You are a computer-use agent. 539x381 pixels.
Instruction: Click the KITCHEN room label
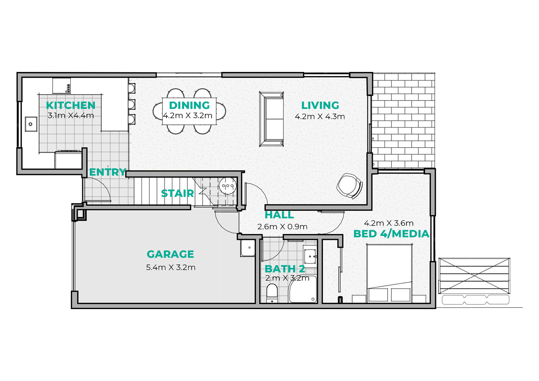71,106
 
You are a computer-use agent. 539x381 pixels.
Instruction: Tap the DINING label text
189,106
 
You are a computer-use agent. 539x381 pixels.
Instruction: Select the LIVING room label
320,106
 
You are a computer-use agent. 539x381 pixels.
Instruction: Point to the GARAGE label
170,254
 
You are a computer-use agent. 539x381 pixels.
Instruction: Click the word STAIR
177,193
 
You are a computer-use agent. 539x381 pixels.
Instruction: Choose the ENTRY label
108,172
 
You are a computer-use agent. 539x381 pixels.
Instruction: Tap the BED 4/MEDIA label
391,234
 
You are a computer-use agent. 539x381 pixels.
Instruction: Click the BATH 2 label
285,269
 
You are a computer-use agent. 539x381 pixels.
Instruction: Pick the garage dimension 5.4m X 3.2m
171,267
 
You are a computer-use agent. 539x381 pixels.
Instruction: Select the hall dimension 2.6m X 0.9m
282,227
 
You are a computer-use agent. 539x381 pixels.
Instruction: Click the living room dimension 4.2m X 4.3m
320,117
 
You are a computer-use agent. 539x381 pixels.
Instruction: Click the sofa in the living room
272,119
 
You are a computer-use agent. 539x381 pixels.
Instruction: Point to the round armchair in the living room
350,186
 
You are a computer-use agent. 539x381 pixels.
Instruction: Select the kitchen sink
31,124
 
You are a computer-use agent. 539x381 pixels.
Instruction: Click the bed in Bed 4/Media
389,273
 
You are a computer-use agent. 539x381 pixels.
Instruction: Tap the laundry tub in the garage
247,248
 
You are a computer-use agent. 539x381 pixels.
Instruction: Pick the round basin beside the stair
228,186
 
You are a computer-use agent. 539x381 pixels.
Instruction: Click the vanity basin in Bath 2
311,256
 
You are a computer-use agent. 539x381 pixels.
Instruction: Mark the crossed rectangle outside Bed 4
474,276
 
